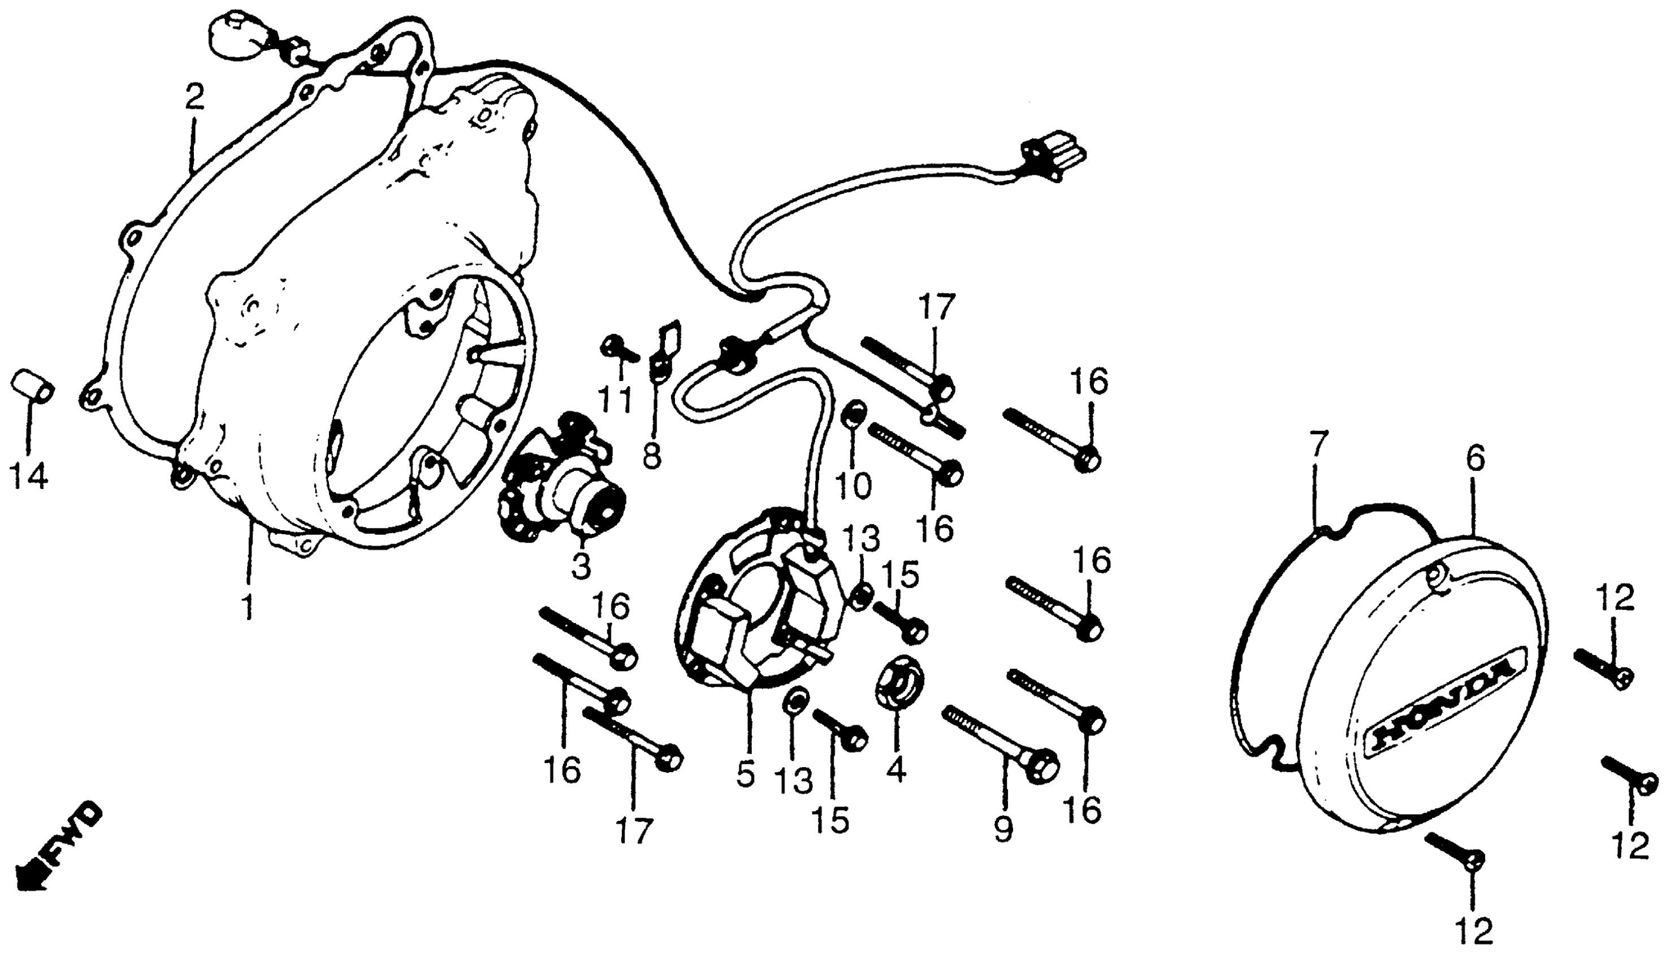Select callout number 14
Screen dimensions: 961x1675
tap(29, 475)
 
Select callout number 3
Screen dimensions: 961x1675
tap(581, 566)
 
